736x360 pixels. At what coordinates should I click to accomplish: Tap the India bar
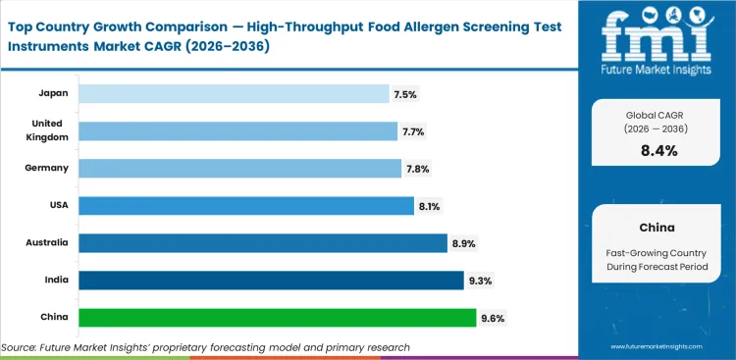(x=271, y=281)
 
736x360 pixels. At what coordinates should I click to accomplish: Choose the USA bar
(x=246, y=206)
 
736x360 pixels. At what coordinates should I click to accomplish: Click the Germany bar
(x=240, y=169)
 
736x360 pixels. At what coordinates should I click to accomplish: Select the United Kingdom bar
(x=238, y=130)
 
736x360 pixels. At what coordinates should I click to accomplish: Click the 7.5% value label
(x=405, y=94)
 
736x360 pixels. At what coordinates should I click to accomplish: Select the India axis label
(x=57, y=281)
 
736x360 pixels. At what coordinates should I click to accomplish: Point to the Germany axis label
(x=46, y=168)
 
